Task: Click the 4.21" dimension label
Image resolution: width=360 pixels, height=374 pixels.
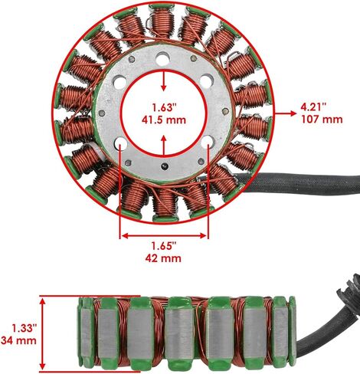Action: (x=313, y=107)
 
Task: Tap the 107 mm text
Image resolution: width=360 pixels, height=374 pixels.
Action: (x=322, y=120)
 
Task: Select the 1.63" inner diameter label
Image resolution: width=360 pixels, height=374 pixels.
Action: (x=165, y=107)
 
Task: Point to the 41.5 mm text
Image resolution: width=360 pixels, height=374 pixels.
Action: (x=164, y=120)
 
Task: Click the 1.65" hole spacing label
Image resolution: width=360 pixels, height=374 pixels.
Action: (x=164, y=246)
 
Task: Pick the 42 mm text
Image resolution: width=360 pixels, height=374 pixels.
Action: (x=163, y=258)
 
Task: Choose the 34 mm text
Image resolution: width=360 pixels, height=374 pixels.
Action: (x=18, y=340)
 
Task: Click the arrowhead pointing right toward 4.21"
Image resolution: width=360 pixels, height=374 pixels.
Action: (x=293, y=113)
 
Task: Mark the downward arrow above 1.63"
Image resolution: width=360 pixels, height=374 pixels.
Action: (x=164, y=81)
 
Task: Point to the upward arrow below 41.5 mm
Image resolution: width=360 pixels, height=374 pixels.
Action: (x=164, y=145)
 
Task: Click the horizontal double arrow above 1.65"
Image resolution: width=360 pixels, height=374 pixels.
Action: (x=164, y=235)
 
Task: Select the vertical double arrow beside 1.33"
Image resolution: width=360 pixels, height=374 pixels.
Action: (x=43, y=333)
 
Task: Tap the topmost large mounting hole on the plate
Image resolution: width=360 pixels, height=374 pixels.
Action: (x=163, y=59)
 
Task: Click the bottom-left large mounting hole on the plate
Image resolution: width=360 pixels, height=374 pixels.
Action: (x=121, y=143)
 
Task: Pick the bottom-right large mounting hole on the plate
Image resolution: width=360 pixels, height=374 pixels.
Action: (x=208, y=142)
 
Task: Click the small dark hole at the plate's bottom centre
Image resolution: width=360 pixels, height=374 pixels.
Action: (x=165, y=166)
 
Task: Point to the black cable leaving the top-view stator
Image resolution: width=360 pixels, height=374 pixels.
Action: (x=293, y=182)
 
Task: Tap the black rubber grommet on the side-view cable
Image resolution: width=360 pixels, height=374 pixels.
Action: (x=349, y=294)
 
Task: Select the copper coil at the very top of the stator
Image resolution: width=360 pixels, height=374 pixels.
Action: (x=162, y=21)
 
